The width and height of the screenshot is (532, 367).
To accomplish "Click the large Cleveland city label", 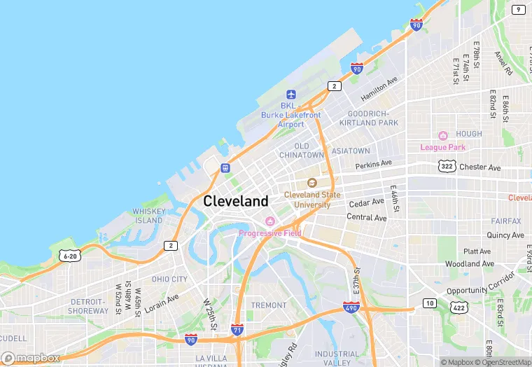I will point(236,201).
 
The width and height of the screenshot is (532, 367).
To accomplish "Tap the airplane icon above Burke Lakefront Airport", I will point(291,95).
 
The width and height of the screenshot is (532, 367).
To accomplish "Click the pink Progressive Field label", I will point(269,233).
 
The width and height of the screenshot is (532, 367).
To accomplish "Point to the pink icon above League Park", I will point(442,136).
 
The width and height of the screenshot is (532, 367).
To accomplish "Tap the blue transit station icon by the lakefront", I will point(225,167).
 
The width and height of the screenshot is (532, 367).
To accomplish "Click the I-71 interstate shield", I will point(238,327).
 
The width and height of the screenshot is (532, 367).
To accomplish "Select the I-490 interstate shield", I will point(351,307).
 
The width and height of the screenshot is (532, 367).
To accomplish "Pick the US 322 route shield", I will point(447,166).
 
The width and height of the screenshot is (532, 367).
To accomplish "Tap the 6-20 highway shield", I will point(69,256).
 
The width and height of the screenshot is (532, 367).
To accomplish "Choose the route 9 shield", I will point(518,9).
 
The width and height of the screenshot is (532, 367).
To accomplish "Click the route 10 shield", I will point(429,303).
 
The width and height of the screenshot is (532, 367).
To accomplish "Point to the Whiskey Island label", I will point(148,216).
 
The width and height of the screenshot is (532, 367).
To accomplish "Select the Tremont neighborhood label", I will point(269,305).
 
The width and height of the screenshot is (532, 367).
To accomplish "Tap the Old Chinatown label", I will point(302,150).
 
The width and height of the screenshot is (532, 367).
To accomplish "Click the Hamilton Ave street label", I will point(379,90).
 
